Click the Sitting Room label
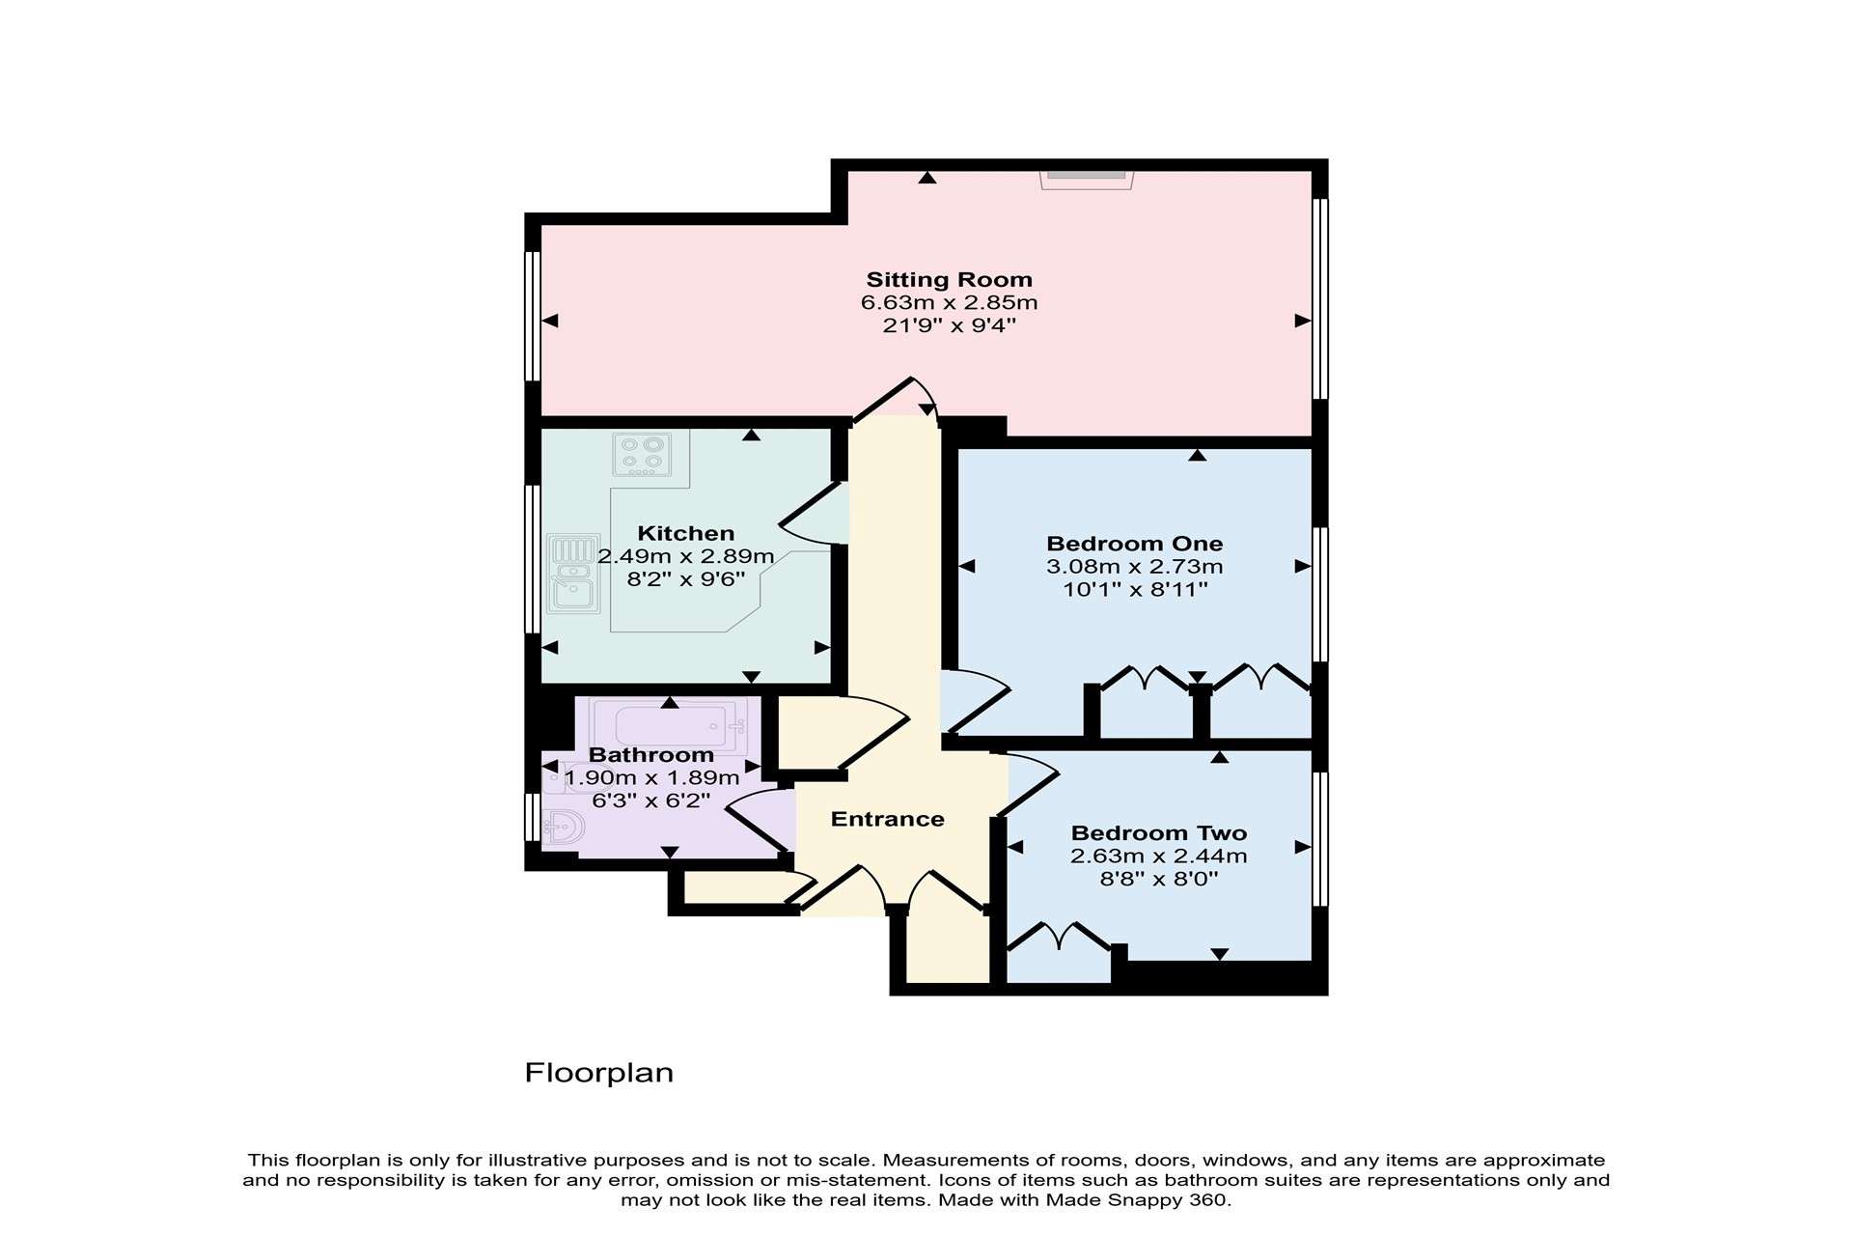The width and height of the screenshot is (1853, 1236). tap(949, 280)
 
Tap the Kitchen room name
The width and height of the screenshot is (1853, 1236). tap(686, 533)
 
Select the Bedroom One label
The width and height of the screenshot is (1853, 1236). tap(1135, 544)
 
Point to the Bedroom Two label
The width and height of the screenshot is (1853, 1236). tap(1159, 833)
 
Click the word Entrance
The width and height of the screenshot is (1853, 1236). tap(888, 819)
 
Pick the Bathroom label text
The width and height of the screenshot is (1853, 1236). tap(651, 755)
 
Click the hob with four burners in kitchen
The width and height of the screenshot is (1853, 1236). tap(642, 454)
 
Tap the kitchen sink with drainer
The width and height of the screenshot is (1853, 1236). tap(572, 574)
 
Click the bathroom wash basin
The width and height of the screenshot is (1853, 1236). tap(564, 827)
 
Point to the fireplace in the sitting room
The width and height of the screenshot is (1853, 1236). tap(1086, 180)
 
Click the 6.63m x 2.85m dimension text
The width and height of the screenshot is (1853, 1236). tap(949, 302)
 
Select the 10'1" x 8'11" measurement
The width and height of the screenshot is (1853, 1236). tap(1135, 589)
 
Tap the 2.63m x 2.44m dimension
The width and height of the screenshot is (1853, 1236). tap(1159, 856)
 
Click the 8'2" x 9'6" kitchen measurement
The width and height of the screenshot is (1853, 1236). tap(686, 579)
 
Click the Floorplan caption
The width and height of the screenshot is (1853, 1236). tap(598, 1073)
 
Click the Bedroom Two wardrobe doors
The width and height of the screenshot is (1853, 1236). tap(1059, 937)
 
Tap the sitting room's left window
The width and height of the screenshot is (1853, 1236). tap(532, 316)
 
